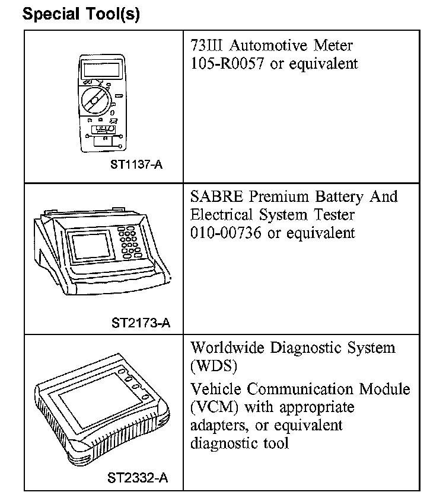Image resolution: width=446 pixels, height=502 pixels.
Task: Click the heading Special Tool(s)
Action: (81, 14)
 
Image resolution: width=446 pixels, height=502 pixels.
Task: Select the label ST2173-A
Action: (141, 323)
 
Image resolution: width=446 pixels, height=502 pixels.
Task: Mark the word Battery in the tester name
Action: (337, 197)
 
